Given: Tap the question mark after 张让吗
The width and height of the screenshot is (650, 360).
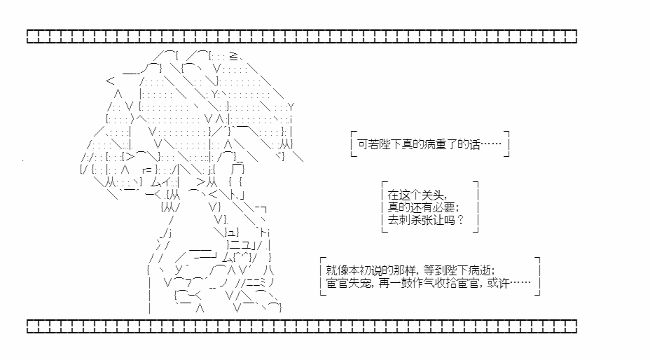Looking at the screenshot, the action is click(459, 219).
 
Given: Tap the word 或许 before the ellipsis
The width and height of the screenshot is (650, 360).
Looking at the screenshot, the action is click(498, 283).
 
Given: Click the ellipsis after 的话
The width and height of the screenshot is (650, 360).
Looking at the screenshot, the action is click(491, 144).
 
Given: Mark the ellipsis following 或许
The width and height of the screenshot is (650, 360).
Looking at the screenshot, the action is click(520, 283).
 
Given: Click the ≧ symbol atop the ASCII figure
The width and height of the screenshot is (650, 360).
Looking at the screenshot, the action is click(233, 56).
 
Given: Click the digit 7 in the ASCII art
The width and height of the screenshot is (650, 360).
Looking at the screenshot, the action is click(188, 283).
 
